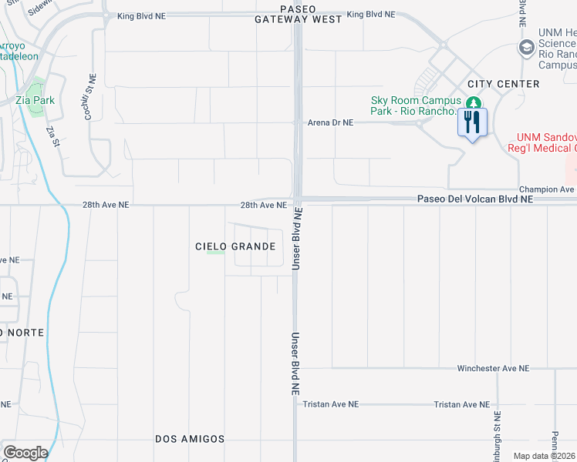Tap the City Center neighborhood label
coord(503,83)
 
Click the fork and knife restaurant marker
coord(472,122)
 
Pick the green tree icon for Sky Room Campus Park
coord(473,102)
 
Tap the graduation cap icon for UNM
coord(527,48)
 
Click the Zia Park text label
coord(35,100)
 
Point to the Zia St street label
coord(53,136)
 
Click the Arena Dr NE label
coord(330,122)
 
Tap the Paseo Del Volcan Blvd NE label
coord(475,199)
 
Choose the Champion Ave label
coord(547,189)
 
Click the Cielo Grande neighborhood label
coord(235,246)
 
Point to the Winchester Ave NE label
coord(493,369)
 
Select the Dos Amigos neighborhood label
coord(190,439)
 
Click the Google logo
coord(25,453)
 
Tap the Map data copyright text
coord(545,456)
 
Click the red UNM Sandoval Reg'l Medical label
coord(542,142)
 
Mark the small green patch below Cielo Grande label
coord(217,253)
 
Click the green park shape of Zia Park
coord(35,108)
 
